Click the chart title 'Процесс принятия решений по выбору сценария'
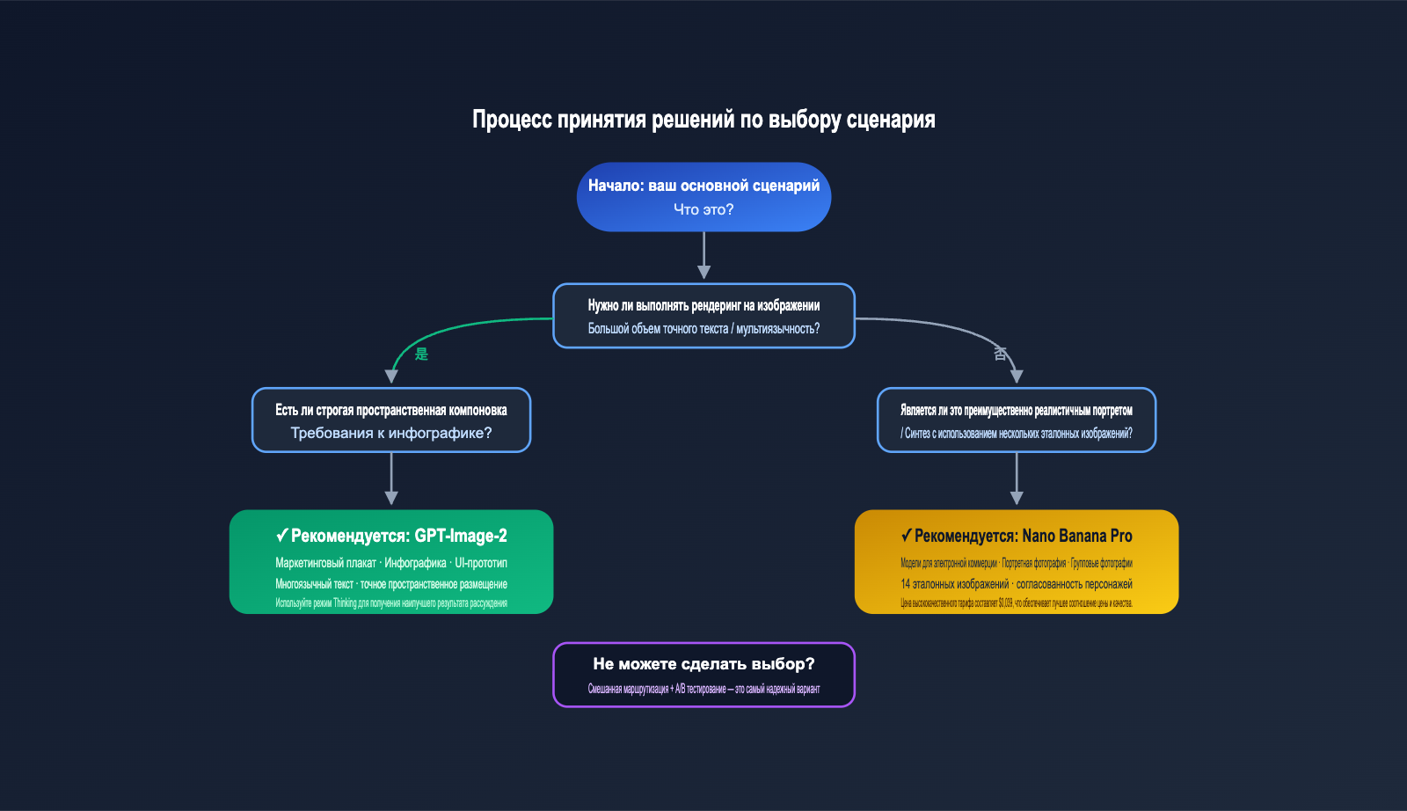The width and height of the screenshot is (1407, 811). [x=703, y=120]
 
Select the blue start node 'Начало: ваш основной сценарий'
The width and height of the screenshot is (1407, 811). [x=703, y=186]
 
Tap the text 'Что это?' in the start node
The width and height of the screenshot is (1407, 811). [x=703, y=209]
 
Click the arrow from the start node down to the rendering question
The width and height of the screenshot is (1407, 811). [x=703, y=256]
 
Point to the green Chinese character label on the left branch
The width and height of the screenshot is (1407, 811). [x=421, y=354]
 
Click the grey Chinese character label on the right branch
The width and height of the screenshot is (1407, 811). [x=1000, y=353]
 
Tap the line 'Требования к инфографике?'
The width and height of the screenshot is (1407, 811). [x=391, y=433]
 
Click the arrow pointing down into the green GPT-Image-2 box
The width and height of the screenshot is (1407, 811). [x=391, y=480]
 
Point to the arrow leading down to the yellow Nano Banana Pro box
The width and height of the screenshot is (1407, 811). [x=1017, y=480]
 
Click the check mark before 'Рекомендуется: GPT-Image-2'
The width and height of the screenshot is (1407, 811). [x=281, y=535]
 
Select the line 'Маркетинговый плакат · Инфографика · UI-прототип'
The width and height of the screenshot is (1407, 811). [x=391, y=563]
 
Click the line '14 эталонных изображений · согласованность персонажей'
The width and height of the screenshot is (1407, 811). [x=1016, y=584]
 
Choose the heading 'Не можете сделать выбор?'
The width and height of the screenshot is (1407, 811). [x=703, y=664]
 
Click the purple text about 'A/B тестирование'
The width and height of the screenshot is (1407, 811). [x=703, y=689]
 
